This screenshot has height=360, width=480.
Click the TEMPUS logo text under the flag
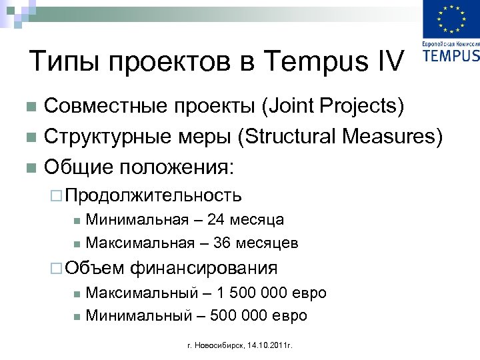[x=451, y=55]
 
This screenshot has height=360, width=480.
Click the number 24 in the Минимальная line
[x=216, y=219]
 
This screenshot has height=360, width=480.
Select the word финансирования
[x=203, y=268]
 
